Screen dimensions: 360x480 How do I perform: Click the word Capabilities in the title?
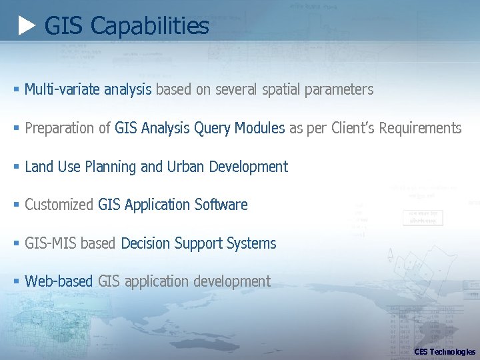point(149,27)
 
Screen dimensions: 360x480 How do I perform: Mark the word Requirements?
point(420,128)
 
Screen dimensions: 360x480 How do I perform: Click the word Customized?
point(59,205)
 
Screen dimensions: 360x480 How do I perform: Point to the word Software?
point(221,205)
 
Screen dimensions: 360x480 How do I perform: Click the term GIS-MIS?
point(50,243)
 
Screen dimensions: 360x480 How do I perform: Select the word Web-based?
point(59,281)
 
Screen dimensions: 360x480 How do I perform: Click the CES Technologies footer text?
point(445,351)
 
